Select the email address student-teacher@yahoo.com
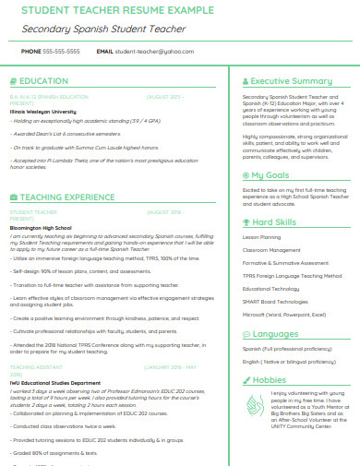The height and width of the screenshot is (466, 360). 148,52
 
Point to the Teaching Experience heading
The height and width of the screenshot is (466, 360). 67,197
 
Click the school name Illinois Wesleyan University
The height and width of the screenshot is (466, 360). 43,111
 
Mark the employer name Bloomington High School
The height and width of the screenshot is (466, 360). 40,226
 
